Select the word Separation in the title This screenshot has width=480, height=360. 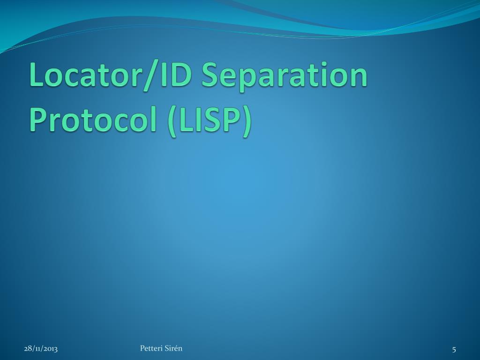pyautogui.click(x=284, y=76)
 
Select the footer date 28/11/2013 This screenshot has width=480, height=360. pyautogui.click(x=41, y=348)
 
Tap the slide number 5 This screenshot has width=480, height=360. pyautogui.click(x=454, y=349)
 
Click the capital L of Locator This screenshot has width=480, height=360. pyautogui.click(x=37, y=75)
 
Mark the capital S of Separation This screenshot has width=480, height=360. pyautogui.click(x=210, y=75)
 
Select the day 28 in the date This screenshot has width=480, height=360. pyautogui.click(x=28, y=348)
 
